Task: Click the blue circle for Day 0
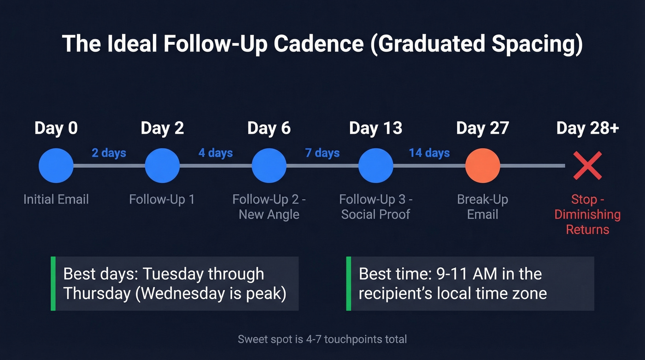pos(56,165)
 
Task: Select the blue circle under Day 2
pos(162,165)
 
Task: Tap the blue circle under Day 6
pos(269,165)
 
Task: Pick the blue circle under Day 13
pos(376,165)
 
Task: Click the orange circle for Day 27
pos(482,165)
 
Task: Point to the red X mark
pos(587,166)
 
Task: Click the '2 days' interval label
pos(109,153)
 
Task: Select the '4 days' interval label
pos(216,153)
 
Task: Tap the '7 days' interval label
pos(322,153)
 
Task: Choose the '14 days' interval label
pos(429,153)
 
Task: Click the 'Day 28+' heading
pos(587,128)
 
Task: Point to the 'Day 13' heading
pos(375,128)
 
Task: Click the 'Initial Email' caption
pos(56,199)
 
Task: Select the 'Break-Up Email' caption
pos(482,207)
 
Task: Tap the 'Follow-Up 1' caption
pos(162,199)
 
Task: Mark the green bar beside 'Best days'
pos(53,283)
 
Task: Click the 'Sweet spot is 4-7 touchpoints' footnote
pos(322,340)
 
